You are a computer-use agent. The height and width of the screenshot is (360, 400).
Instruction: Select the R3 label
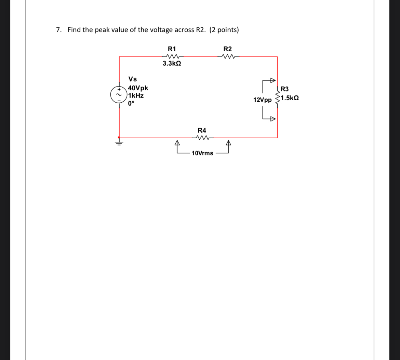pyautogui.click(x=284, y=90)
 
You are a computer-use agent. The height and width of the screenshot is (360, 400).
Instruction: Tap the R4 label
pyautogui.click(x=202, y=130)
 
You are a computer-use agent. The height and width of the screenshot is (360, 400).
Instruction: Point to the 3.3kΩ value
pyautogui.click(x=172, y=64)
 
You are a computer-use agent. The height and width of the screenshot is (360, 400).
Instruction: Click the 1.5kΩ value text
pyautogui.click(x=290, y=98)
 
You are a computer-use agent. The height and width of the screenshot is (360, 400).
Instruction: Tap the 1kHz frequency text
pyautogui.click(x=136, y=96)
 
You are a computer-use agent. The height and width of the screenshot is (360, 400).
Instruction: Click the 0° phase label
pyautogui.click(x=132, y=103)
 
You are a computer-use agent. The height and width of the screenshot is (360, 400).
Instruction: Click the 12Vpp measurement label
pyautogui.click(x=263, y=100)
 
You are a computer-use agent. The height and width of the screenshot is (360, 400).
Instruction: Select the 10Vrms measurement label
pyautogui.click(x=202, y=153)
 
